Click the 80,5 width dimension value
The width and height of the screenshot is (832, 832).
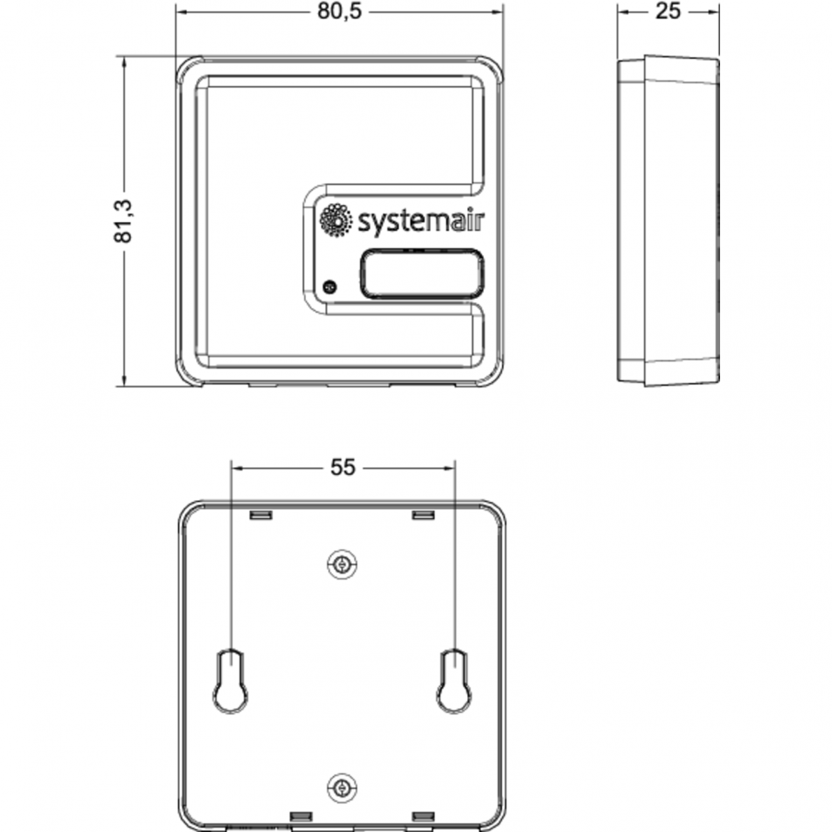point(340,12)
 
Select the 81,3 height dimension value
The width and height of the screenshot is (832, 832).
point(123,222)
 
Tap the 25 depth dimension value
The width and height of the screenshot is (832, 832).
point(668,12)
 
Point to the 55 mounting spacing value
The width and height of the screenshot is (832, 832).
point(342,467)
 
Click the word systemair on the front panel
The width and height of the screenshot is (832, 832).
point(422,221)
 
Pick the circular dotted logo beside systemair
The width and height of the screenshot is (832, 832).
point(335,220)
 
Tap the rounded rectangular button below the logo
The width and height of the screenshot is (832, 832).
point(422,274)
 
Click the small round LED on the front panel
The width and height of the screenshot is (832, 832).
point(330,287)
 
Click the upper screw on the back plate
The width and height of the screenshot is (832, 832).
point(342,564)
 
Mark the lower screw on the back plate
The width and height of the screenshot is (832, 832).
point(342,788)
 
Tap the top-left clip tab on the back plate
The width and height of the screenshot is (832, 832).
point(261,515)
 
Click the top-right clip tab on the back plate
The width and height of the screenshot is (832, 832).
point(424,515)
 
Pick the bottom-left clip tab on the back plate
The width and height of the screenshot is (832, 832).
point(301,816)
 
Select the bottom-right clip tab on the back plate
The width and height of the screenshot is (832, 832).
point(424,816)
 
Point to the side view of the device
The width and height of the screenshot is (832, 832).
point(668,221)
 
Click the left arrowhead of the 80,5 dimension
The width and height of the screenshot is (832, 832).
point(183,12)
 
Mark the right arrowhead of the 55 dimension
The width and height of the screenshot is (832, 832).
point(448,468)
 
